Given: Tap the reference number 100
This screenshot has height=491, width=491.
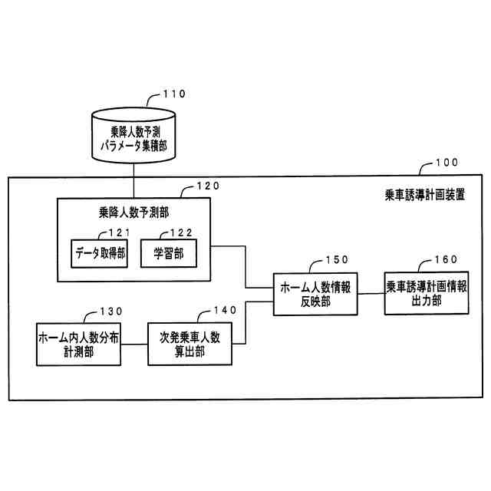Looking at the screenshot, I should coord(445,163).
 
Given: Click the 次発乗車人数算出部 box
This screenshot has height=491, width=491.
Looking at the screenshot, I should coord(189,342).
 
